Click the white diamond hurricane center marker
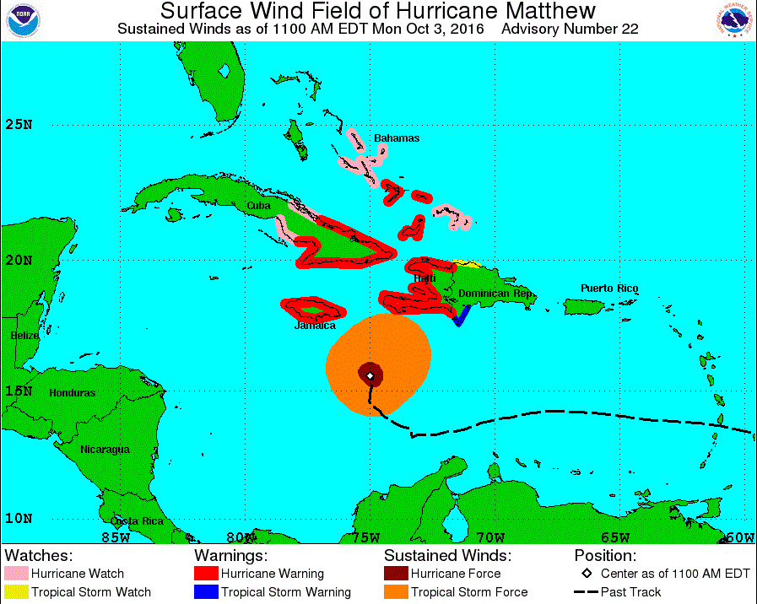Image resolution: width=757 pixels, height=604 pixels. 370,375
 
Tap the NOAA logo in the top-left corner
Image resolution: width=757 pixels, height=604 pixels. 24,20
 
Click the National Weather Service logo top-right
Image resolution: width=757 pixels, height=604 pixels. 733,20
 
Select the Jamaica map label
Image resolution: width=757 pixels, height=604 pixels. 315,326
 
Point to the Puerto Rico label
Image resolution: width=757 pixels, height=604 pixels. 609,289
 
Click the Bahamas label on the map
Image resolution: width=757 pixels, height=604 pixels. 397,138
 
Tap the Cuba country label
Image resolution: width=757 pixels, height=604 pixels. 257,206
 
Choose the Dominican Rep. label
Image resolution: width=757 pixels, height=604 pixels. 495,294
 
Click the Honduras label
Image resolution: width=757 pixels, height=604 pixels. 72,393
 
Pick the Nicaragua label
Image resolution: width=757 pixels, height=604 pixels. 105,450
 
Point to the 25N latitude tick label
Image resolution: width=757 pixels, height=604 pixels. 18,126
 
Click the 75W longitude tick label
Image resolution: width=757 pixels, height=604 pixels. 366,537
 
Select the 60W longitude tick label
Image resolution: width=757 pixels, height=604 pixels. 740,537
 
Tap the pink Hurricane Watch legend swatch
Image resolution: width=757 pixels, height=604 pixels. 16,574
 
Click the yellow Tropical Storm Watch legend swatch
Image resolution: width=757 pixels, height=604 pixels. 16,592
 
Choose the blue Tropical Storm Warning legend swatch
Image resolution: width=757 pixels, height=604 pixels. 206,592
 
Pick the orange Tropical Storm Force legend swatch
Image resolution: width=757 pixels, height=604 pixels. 396,592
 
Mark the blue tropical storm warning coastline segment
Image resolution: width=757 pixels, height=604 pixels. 461,317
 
